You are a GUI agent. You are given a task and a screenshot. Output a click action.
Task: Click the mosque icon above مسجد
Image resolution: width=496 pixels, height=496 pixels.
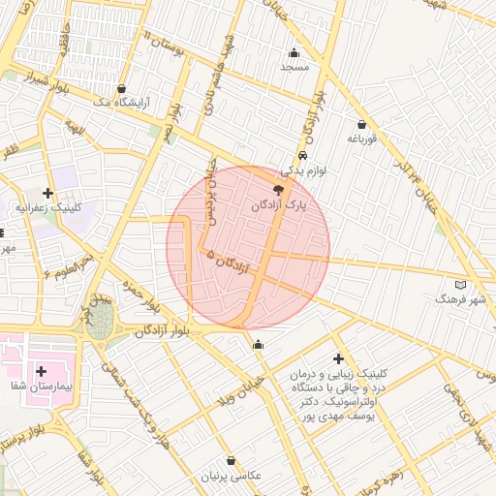click(294, 52)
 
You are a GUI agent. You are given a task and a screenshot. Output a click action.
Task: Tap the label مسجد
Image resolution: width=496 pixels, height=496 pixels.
click(294, 68)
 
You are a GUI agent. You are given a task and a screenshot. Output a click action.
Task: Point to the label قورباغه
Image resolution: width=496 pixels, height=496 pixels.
click(361, 139)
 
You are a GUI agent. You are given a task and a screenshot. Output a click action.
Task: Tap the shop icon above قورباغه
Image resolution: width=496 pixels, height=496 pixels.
click(362, 124)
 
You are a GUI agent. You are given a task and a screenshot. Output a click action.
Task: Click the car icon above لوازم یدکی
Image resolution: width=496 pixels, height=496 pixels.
click(302, 154)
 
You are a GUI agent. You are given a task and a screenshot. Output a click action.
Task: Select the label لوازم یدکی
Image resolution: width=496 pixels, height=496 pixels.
click(300, 170)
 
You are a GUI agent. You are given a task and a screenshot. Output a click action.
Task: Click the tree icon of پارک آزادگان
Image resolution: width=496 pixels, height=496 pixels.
click(280, 190)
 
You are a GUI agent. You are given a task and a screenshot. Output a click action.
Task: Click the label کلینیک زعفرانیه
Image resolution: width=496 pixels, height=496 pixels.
click(48, 207)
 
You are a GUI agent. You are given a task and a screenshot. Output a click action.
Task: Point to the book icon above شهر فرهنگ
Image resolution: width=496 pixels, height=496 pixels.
click(460, 285)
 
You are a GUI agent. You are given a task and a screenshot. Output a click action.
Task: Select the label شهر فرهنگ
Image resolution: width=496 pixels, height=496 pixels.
click(460, 300)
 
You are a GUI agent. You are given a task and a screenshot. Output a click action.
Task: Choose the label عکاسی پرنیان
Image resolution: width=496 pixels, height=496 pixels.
click(231, 476)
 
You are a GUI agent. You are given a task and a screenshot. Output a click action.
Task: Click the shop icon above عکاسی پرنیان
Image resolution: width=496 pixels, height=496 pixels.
click(231, 460)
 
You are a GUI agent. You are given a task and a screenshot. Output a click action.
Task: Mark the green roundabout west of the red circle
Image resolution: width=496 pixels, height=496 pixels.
click(98, 325)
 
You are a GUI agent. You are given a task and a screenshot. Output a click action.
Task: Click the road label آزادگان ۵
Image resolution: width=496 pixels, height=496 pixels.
click(229, 262)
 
